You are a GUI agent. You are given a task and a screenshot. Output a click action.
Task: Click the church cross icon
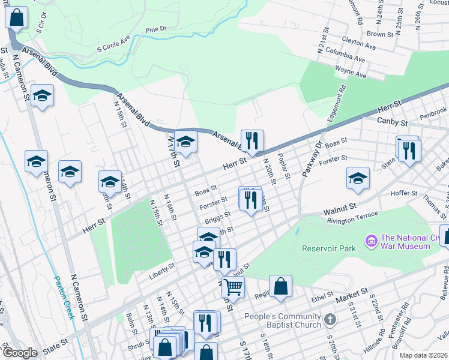click(x=329, y=320)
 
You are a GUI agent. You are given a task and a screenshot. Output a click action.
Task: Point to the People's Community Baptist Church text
click(x=283, y=320)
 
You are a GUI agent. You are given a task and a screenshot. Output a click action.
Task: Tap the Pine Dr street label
click(x=155, y=28)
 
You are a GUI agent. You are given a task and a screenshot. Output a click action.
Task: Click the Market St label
click(x=352, y=293)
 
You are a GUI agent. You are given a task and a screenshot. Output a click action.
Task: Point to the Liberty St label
click(x=162, y=265)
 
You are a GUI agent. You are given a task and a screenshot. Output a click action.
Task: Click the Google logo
click(x=20, y=352)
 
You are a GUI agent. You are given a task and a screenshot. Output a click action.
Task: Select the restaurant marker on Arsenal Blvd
click(x=252, y=140)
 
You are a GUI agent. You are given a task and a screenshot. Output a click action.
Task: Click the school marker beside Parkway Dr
click(x=358, y=178)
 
